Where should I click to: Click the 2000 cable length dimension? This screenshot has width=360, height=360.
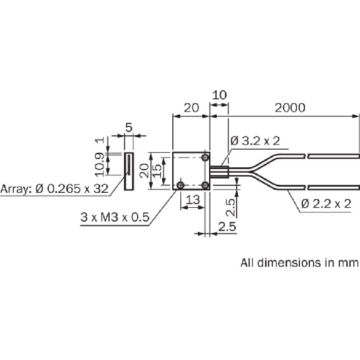tap(290, 108)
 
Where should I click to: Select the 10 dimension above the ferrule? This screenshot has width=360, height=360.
tap(220, 95)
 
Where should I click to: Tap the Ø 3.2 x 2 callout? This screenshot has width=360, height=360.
tap(255, 140)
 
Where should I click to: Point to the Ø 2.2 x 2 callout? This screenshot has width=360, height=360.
tap(326, 203)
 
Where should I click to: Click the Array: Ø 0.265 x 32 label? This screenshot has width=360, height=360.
tap(54, 188)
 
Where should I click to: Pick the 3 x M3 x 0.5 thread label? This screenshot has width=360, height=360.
tap(115, 217)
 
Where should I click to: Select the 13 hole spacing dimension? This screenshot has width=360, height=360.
tap(193, 200)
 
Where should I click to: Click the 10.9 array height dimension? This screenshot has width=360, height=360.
tap(99, 165)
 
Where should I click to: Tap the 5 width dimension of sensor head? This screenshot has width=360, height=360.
tap(129, 128)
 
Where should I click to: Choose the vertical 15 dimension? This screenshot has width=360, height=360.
tap(157, 170)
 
